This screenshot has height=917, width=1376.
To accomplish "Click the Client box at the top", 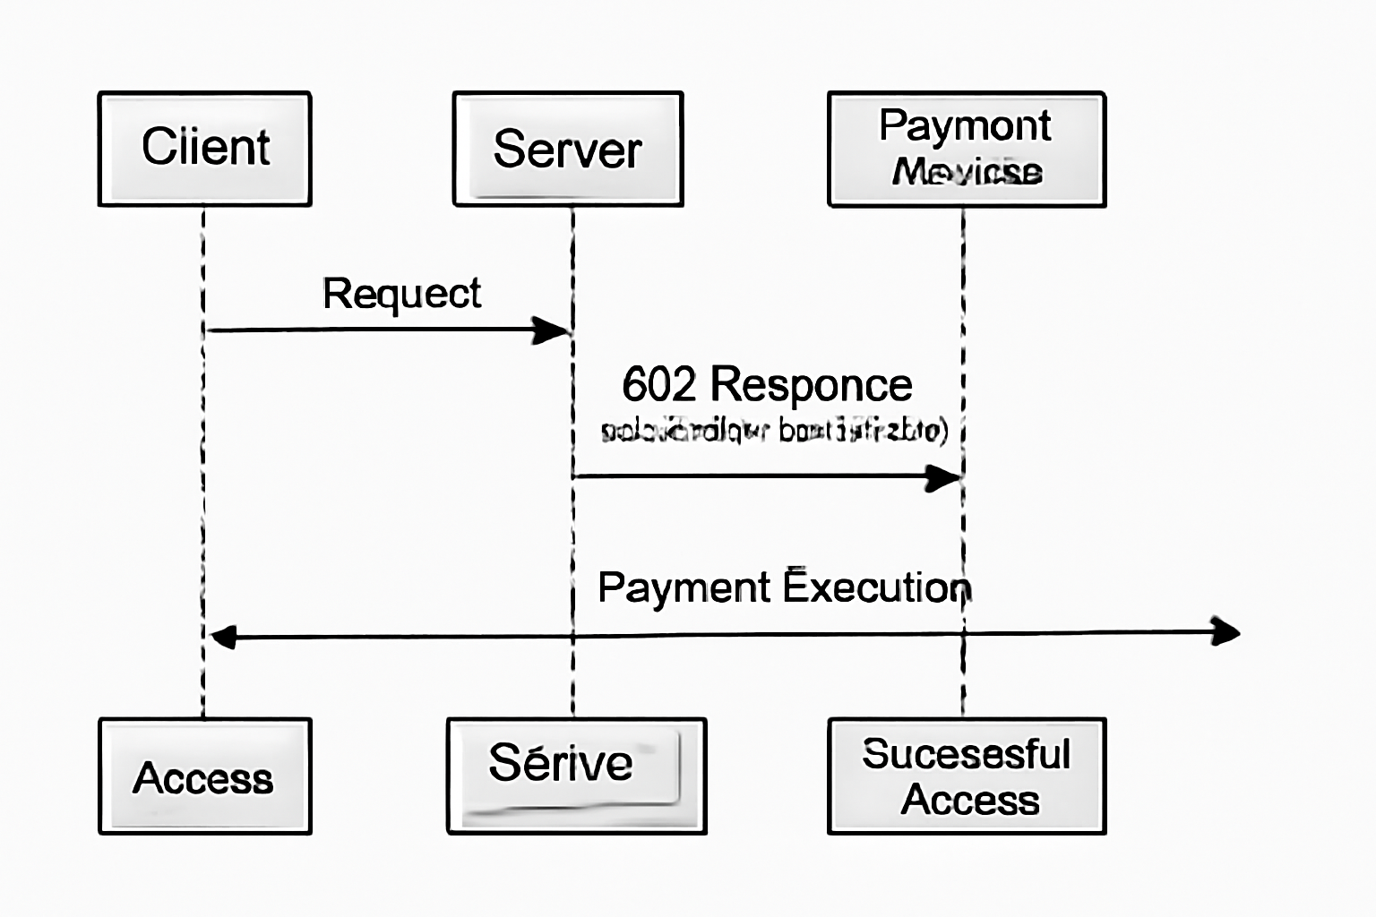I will (205, 149).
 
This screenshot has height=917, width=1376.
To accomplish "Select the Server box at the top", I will (568, 149).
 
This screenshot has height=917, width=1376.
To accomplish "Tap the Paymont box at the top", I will (967, 149).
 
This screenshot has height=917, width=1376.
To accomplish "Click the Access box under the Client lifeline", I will (205, 776).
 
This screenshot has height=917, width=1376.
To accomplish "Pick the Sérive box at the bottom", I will (576, 776).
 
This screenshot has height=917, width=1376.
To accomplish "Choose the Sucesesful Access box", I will (967, 776).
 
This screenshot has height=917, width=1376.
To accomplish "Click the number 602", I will (658, 385).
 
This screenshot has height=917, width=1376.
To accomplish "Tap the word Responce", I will (811, 386).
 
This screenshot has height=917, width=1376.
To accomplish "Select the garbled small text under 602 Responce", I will (774, 431).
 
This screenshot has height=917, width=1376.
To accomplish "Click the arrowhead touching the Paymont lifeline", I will (943, 477).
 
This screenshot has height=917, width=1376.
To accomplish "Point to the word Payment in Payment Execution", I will (684, 588).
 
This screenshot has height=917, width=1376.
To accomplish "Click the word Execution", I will (877, 587).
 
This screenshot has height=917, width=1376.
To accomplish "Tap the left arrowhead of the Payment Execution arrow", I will (222, 638).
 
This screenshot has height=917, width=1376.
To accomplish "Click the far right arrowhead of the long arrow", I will (1225, 631).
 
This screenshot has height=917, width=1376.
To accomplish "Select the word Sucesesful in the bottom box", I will (966, 754).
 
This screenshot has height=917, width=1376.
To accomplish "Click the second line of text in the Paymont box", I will (967, 171).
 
